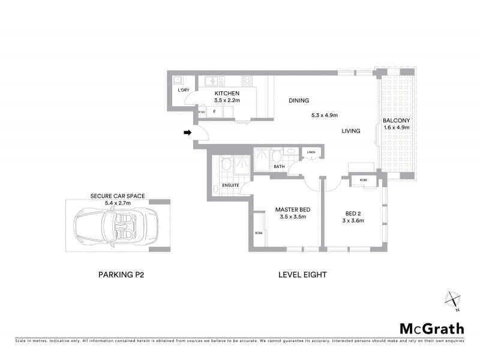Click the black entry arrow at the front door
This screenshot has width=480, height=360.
(187, 133)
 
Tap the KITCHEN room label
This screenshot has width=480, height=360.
(227, 94)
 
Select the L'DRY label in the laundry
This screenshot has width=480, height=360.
(183, 90)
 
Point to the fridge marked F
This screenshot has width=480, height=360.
(214, 111)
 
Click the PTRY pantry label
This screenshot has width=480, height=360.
(202, 111)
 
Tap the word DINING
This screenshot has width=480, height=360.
(299, 101)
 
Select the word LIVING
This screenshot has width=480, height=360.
(351, 131)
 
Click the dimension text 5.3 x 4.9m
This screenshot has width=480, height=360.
(325, 115)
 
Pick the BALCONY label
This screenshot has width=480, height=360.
(396, 120)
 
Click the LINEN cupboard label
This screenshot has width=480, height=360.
(311, 152)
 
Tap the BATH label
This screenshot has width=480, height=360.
(279, 167)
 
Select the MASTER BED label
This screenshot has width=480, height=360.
(292, 209)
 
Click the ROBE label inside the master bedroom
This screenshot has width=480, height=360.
(259, 233)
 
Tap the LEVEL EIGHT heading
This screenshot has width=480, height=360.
(302, 275)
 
